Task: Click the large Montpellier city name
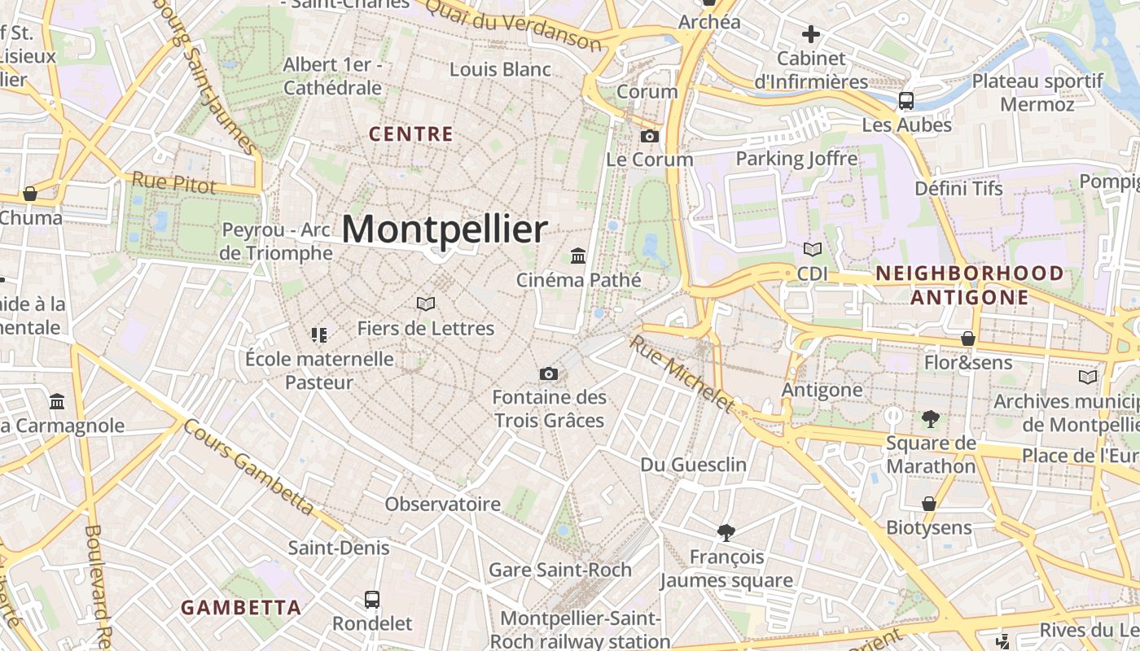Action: point(445,230)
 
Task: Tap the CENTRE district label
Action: point(411,134)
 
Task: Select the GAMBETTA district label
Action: point(241,607)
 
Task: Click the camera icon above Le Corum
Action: point(650,136)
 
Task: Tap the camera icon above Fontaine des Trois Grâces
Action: point(549,374)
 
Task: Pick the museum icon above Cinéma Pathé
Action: point(578,256)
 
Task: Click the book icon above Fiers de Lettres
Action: point(425,304)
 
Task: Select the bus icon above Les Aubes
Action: point(905,101)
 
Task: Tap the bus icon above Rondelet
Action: point(372,600)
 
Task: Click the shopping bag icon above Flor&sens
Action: point(968,338)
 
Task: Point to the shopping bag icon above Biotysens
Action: point(929,504)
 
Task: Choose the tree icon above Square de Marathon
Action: point(930,419)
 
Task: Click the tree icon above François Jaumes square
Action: point(726,533)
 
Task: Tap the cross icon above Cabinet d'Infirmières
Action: point(810,34)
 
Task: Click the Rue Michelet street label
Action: point(682,374)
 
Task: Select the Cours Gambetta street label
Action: point(248,466)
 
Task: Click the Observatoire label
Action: point(443,504)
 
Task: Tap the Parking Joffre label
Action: point(797,158)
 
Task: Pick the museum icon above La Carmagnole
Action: point(57,401)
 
